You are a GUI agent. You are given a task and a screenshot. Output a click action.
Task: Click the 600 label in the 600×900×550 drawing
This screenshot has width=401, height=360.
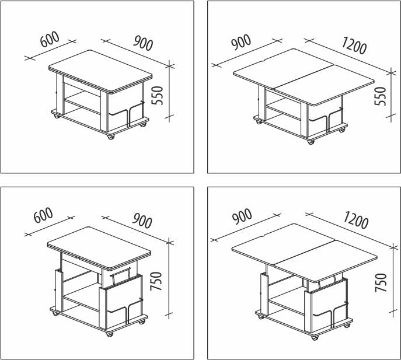pyautogui.click(x=50, y=39)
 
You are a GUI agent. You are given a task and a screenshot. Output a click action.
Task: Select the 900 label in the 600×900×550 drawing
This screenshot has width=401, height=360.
pyautogui.click(x=142, y=43)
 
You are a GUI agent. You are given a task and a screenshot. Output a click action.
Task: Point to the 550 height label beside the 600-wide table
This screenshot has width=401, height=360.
pyautogui.click(x=157, y=96)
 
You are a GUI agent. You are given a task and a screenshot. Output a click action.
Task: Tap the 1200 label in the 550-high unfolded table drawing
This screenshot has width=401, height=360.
pyautogui.click(x=354, y=46)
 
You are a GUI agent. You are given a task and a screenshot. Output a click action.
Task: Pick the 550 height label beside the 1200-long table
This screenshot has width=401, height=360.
pyautogui.click(x=380, y=96)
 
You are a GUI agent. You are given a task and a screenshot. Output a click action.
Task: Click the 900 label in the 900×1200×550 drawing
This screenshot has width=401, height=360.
pyautogui.click(x=241, y=41)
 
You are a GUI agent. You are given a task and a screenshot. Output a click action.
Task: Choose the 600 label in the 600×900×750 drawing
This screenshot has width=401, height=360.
pyautogui.click(x=43, y=215)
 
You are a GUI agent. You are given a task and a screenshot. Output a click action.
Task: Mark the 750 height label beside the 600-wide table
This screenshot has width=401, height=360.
pyautogui.click(x=156, y=281)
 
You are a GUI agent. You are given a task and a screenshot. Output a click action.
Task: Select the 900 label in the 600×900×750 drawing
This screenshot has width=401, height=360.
pyautogui.click(x=142, y=221)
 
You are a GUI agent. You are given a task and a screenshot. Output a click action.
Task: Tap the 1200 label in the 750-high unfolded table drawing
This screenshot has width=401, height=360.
pyautogui.click(x=355, y=219)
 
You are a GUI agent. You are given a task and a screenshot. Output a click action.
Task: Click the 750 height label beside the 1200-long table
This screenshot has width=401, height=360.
pyautogui.click(x=381, y=282)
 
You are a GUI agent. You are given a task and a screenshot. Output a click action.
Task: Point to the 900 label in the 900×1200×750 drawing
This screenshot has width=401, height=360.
pyautogui.click(x=242, y=216)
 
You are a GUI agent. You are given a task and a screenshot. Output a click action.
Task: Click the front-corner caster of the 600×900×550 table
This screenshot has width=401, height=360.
pyautogui.click(x=111, y=137)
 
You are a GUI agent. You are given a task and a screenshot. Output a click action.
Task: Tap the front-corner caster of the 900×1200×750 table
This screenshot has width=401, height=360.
pyautogui.click(x=315, y=337)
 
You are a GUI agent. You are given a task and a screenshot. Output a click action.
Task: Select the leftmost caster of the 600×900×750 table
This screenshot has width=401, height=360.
pyautogui.click(x=55, y=313)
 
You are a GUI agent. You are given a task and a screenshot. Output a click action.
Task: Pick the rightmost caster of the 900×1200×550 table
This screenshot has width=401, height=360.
pyautogui.click(x=341, y=130)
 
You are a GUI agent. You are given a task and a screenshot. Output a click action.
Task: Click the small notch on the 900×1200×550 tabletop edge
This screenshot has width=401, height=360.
pyautogui.click(x=264, y=61)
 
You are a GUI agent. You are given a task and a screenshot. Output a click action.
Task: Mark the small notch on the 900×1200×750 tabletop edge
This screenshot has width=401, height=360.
pyautogui.click(x=263, y=236)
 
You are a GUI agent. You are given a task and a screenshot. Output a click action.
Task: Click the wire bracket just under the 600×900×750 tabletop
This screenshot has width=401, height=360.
pyautogui.click(x=121, y=275)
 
